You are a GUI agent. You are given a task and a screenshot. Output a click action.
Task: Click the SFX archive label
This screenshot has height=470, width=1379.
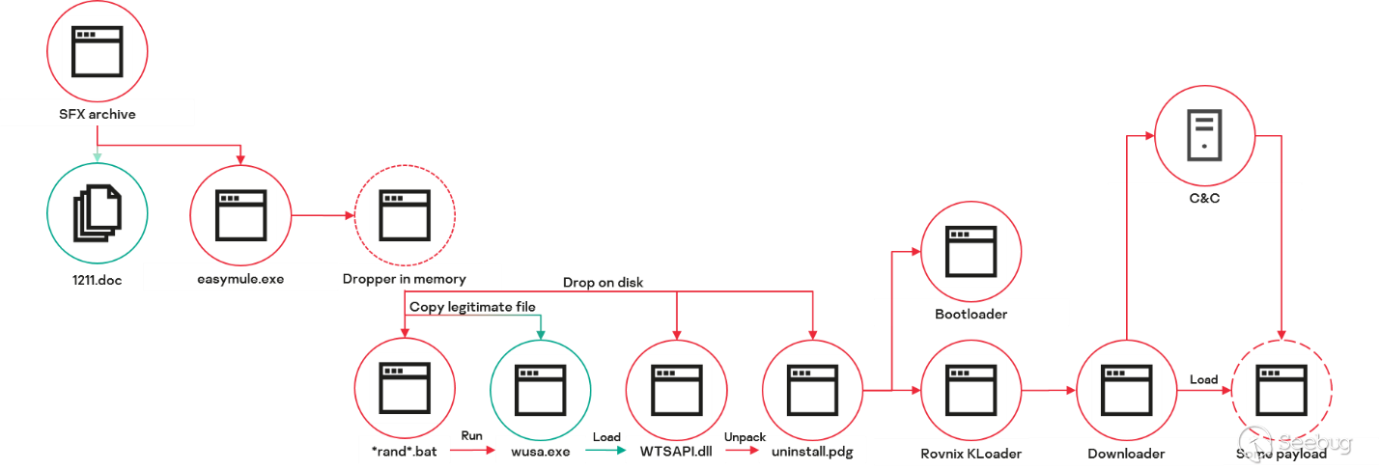click(98, 114)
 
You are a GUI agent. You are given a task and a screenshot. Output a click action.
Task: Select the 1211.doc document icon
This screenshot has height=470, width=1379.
click(98, 213)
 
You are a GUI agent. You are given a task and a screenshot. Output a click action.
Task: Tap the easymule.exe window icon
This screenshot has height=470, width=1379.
click(240, 215)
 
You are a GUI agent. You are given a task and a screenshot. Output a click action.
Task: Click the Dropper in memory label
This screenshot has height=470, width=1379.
click(405, 279)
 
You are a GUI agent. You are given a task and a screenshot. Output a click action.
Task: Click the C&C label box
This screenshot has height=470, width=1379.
click(1204, 198)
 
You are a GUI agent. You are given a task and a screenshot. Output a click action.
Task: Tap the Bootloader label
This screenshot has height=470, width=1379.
click(971, 314)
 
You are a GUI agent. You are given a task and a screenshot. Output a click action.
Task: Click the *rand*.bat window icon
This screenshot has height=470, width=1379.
click(405, 388)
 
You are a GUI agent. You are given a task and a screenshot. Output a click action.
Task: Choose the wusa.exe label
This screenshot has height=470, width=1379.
click(541, 451)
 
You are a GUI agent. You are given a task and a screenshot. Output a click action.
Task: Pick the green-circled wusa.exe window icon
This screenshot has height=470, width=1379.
click(541, 388)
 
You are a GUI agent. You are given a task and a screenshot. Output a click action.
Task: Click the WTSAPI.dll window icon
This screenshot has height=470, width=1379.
click(676, 388)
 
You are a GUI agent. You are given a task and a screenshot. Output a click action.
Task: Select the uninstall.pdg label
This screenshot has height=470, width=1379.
click(812, 451)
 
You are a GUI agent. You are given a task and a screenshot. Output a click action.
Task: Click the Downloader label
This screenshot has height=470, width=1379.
click(1126, 453)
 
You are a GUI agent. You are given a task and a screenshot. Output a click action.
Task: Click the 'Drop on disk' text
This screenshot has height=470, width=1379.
click(604, 283)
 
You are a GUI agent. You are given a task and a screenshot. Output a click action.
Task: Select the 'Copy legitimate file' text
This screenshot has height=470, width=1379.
click(472, 306)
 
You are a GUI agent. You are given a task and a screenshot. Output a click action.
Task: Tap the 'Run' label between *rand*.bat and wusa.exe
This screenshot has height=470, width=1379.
click(471, 436)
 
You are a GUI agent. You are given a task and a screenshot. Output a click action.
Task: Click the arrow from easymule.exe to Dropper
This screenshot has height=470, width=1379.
click(323, 215)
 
